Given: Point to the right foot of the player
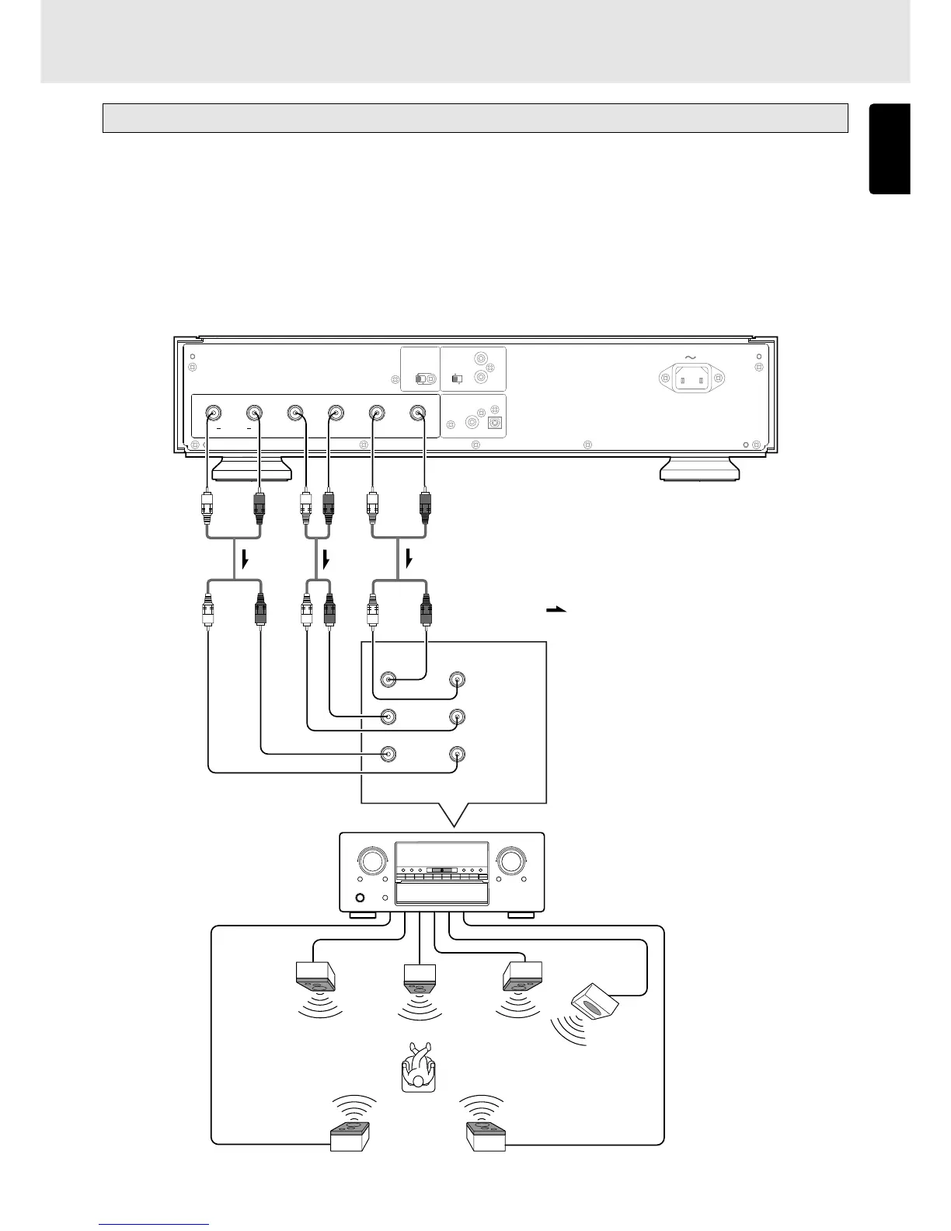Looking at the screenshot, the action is coord(698,470).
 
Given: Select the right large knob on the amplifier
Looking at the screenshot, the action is coord(511,861).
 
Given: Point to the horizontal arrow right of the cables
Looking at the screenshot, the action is coord(556,610).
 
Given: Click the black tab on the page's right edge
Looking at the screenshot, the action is coord(890,148).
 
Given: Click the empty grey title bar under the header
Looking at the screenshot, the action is coord(475,118).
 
